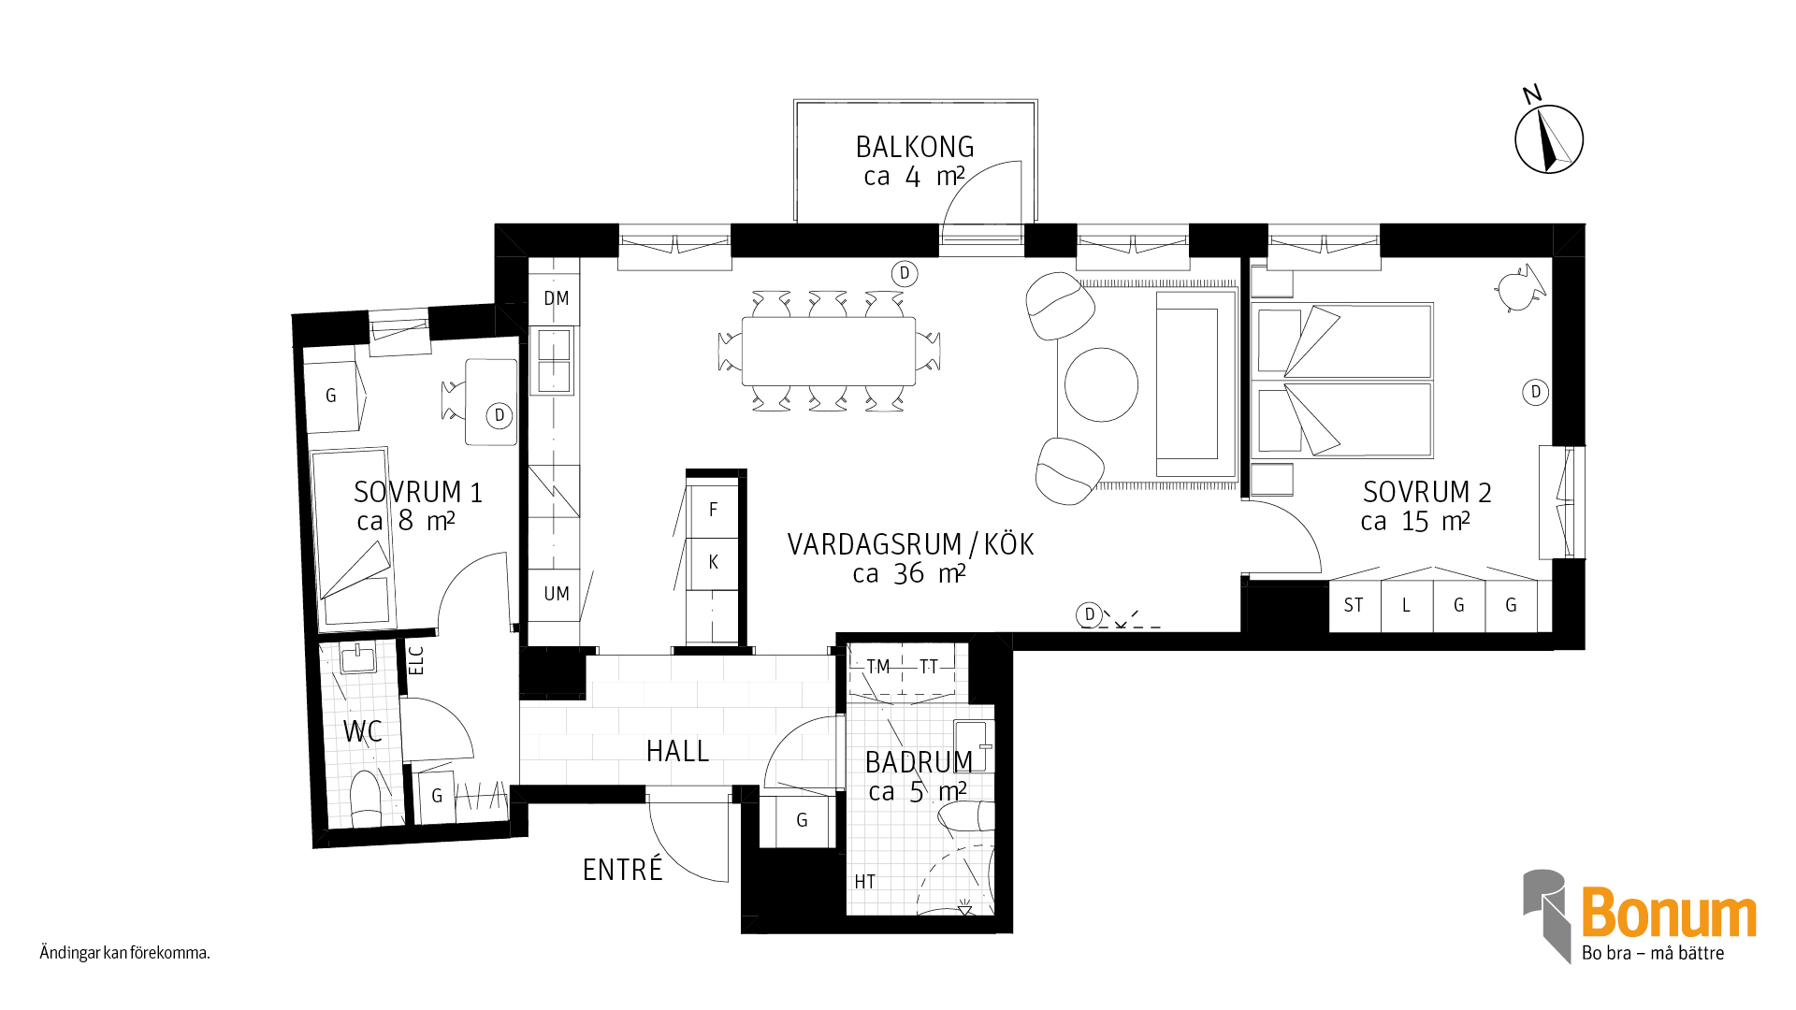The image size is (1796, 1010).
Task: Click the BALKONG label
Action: coord(915,148)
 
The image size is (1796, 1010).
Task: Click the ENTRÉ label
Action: coord(622,870)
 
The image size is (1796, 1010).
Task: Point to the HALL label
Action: coord(677,751)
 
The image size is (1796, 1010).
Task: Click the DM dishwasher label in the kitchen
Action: coord(557,298)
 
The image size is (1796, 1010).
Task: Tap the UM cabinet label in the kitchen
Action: coord(557,594)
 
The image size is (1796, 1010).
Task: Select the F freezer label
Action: coord(714,510)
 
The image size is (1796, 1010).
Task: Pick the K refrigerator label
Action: coord(714,562)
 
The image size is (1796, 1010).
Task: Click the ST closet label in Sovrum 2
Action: coord(1354,605)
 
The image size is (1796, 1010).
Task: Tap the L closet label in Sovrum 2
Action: coord(1406,605)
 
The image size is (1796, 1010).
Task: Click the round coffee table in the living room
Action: coord(1101,384)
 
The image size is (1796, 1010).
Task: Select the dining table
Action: coord(829,352)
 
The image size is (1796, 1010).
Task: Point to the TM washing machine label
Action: coord(878,667)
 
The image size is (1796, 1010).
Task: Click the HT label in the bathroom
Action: coord(865,882)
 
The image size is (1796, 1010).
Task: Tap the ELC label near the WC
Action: coord(417,660)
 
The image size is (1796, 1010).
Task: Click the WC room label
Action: coord(362,731)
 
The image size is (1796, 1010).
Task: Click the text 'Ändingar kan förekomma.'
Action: coord(124,953)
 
